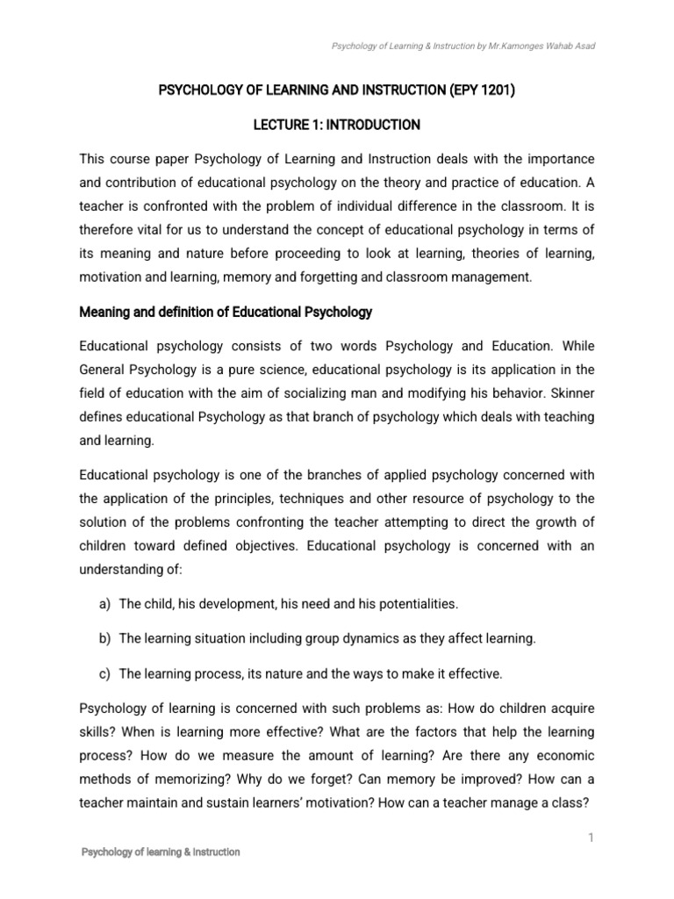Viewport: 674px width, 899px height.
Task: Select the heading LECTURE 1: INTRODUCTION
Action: click(x=337, y=126)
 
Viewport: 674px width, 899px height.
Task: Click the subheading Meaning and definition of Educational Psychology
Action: click(x=226, y=312)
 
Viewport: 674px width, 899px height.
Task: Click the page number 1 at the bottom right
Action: click(x=592, y=838)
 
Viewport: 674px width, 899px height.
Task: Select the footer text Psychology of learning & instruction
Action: click(x=161, y=852)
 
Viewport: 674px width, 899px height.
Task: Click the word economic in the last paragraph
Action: click(x=560, y=755)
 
